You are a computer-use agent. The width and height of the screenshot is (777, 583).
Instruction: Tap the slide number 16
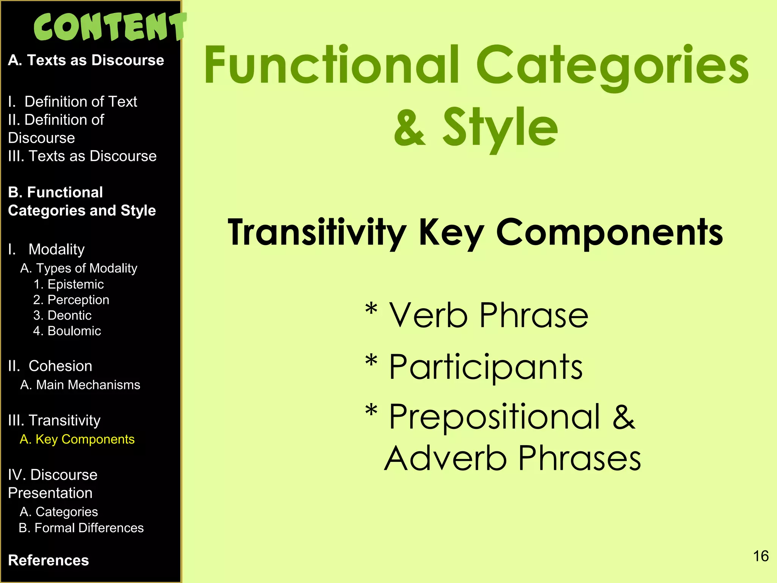pyautogui.click(x=760, y=556)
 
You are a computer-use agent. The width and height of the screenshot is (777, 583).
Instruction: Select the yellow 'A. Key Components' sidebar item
pyautogui.click(x=77, y=439)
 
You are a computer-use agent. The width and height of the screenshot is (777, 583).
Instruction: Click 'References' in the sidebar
pyautogui.click(x=49, y=560)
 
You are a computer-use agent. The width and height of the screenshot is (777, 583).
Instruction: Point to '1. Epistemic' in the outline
pyautogui.click(x=68, y=284)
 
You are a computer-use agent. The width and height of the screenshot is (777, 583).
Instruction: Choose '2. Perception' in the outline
pyautogui.click(x=71, y=300)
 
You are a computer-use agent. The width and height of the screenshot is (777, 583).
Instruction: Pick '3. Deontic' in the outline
pyautogui.click(x=62, y=315)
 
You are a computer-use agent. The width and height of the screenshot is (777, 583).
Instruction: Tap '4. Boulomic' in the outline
pyautogui.click(x=67, y=331)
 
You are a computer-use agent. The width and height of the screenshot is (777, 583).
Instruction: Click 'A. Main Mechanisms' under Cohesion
pyautogui.click(x=80, y=385)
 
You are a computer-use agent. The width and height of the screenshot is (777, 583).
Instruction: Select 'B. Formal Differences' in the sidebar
pyautogui.click(x=81, y=528)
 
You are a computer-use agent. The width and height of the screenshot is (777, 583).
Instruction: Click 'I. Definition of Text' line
pyautogui.click(x=72, y=102)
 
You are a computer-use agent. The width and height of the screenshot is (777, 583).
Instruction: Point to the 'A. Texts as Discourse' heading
pyautogui.click(x=86, y=60)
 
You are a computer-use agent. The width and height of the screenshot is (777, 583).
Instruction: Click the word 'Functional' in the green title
pyautogui.click(x=332, y=65)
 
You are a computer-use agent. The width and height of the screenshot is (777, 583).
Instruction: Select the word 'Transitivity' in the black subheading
pyautogui.click(x=317, y=232)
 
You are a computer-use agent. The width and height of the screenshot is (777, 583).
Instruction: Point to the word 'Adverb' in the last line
pyautogui.click(x=446, y=459)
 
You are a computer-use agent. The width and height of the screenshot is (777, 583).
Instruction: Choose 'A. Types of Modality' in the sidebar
pyautogui.click(x=79, y=268)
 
